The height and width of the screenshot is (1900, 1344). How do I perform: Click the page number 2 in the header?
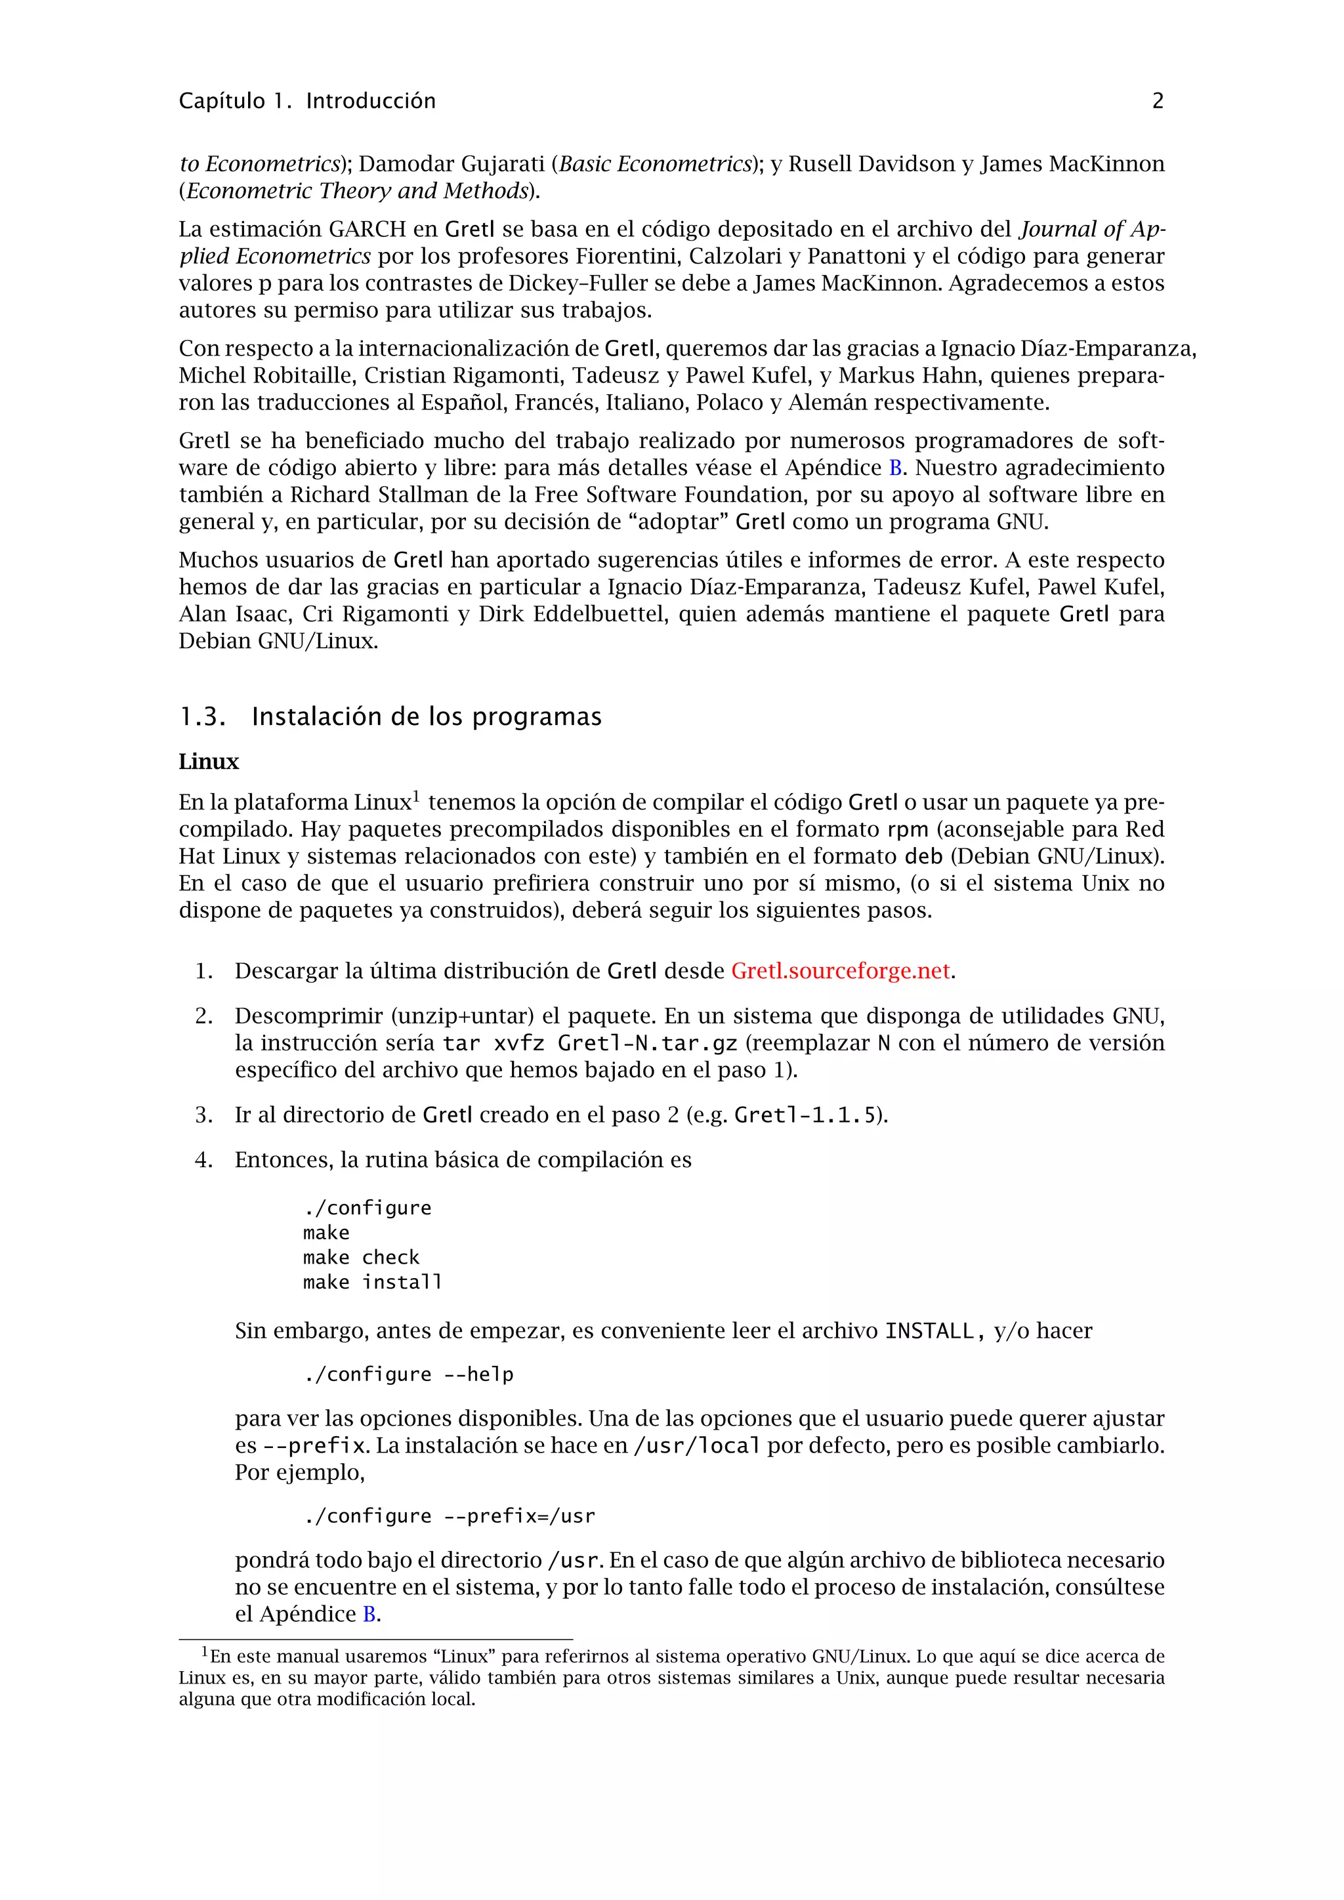coord(1157,101)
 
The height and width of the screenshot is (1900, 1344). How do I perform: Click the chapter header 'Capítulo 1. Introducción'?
coord(307,101)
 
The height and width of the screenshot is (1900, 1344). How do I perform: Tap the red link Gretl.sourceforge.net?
coord(840,971)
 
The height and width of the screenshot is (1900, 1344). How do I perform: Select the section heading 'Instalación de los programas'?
coord(426,716)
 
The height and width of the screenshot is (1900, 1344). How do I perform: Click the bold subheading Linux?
coord(209,762)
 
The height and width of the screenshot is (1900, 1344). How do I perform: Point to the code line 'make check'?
coord(361,1258)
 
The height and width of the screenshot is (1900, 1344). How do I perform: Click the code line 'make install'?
coord(372,1283)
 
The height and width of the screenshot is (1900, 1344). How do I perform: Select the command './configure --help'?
coord(408,1374)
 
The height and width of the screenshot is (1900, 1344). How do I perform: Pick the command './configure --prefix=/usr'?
coord(449,1516)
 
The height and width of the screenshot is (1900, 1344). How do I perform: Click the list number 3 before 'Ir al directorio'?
coord(203,1115)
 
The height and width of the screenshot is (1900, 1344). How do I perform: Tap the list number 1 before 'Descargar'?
coord(203,972)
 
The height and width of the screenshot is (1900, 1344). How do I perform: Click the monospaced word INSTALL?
coord(929,1331)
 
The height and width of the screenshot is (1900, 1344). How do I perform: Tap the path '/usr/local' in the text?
coord(696,1446)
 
